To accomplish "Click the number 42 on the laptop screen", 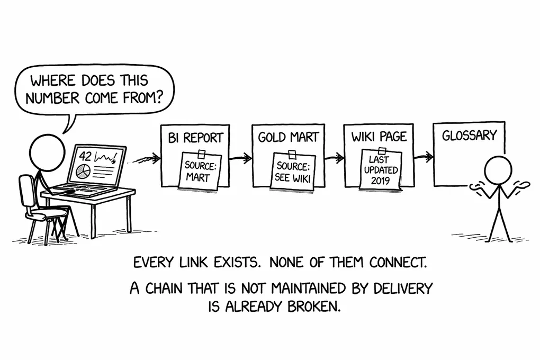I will pyautogui.click(x=85, y=157).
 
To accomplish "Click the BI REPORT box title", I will pyautogui.click(x=195, y=138).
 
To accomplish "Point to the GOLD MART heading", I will pyautogui.click(x=288, y=138).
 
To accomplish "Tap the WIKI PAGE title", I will pyautogui.click(x=379, y=137).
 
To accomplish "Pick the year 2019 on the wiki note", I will pyautogui.click(x=380, y=180).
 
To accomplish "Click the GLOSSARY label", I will pyautogui.click(x=469, y=136).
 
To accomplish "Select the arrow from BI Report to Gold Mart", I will pyautogui.click(x=241, y=158).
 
